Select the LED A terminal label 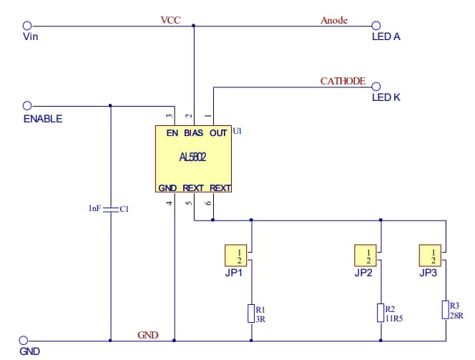click(x=386, y=37)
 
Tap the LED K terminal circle click(x=375, y=87)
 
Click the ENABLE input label click(x=43, y=119)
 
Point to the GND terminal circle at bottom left click(x=24, y=341)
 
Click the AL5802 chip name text click(x=194, y=158)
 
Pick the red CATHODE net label click(x=343, y=81)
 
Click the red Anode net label click(x=333, y=20)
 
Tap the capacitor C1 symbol click(x=110, y=209)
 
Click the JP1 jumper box click(x=239, y=256)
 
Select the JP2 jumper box click(x=367, y=256)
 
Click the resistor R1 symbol click(x=250, y=313)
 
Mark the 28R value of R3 click(x=456, y=314)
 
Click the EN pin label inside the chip click(x=172, y=133)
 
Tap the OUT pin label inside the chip click(x=218, y=133)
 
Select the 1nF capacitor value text click(x=94, y=209)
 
